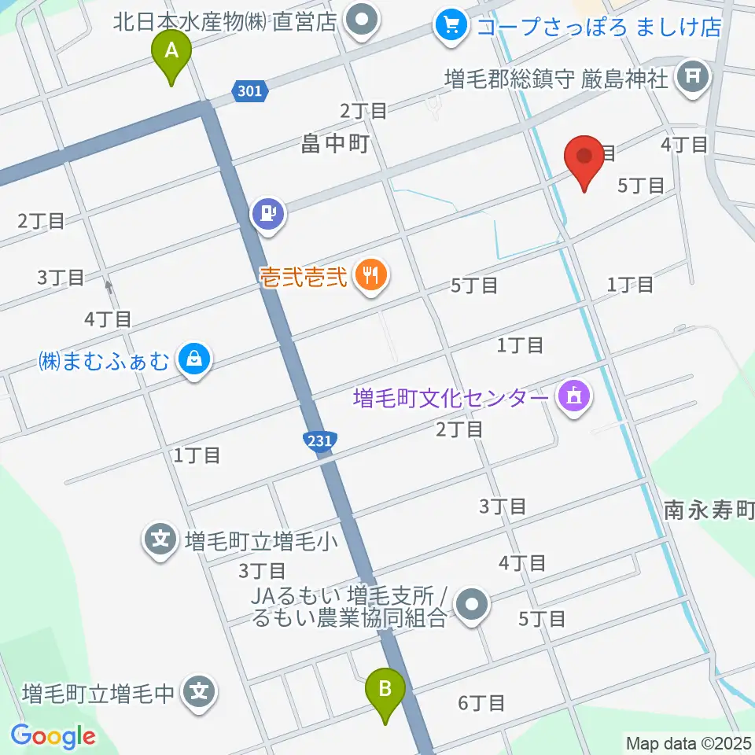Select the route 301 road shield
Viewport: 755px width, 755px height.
coord(249,92)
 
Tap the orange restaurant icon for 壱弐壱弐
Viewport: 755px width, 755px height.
coord(369,275)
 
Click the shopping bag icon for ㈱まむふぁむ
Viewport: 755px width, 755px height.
coord(193,361)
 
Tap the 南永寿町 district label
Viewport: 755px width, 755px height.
coord(708,512)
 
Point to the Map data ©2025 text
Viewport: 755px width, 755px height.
coord(687,742)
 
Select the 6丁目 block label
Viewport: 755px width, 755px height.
coord(481,702)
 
